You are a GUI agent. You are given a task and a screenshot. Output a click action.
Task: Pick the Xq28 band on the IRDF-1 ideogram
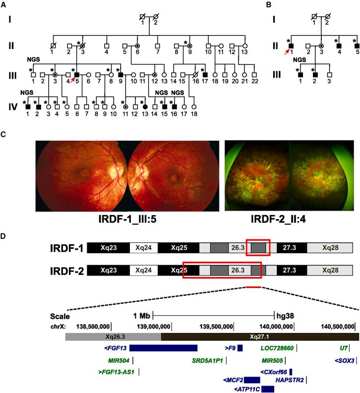pos(329,247)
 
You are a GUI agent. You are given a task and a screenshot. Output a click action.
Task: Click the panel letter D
pos(4,234)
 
